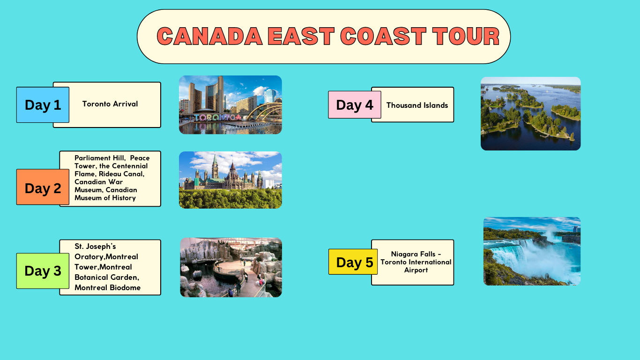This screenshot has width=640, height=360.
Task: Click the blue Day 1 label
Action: [x=43, y=105]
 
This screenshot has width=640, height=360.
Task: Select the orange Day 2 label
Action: [x=43, y=187]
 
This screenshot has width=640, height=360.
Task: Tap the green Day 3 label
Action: [x=43, y=271]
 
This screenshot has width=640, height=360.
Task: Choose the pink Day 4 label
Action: [x=355, y=105]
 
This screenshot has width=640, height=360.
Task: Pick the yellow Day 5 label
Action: [x=353, y=262]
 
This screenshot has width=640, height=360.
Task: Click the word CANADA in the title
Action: [x=209, y=36]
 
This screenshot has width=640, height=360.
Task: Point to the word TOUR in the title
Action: [x=466, y=36]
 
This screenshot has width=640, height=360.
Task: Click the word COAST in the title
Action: [x=383, y=36]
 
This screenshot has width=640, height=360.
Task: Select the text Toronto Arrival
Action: [x=110, y=104]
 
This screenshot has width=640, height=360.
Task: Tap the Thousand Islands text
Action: [x=417, y=105]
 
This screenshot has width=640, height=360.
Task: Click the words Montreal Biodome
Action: [x=107, y=287]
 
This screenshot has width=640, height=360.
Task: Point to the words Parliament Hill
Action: [x=100, y=158]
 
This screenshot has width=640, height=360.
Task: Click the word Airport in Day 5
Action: [x=416, y=270]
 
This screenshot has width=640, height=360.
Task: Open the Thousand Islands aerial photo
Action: [x=530, y=113]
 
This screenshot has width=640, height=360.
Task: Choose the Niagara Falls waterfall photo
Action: [x=532, y=251]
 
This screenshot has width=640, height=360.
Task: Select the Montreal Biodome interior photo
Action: [x=231, y=267]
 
